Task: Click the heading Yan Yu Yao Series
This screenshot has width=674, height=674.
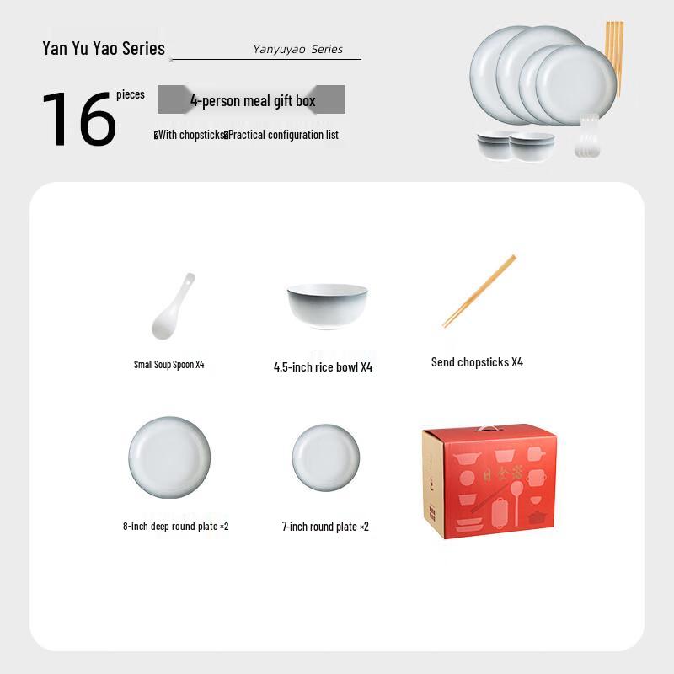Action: tap(104, 48)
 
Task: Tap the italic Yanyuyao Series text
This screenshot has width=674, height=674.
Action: tap(297, 50)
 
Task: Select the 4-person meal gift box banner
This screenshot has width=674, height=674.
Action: tap(252, 100)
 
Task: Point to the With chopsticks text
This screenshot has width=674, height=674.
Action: tap(189, 135)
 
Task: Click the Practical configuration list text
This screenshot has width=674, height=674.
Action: tap(283, 135)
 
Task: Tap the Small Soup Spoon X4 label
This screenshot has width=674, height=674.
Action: tap(168, 365)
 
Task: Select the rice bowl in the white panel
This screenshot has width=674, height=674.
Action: tap(327, 306)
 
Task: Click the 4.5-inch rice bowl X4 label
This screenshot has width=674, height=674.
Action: tap(323, 367)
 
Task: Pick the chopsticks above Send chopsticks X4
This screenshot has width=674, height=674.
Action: tap(479, 292)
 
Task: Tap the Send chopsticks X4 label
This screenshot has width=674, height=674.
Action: tap(477, 362)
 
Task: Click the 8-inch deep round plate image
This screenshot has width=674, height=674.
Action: tap(169, 458)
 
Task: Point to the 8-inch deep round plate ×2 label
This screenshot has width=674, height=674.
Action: tap(175, 527)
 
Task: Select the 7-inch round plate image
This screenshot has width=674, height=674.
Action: tap(326, 458)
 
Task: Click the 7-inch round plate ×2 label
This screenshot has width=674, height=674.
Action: tap(325, 527)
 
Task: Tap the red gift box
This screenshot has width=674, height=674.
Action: tap(488, 484)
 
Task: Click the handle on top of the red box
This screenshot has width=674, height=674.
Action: tap(489, 429)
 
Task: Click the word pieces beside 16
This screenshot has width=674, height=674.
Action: tap(131, 95)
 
